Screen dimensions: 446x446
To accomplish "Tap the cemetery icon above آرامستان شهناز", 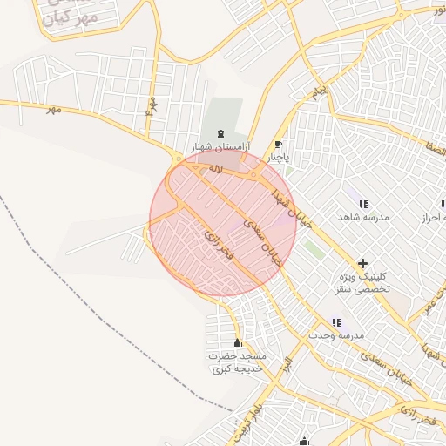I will pos(220,133).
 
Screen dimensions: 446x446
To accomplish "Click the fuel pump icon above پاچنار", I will pos(278,145).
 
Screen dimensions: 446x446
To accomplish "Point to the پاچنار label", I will pos(276,159).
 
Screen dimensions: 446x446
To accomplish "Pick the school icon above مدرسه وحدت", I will pos(336,322).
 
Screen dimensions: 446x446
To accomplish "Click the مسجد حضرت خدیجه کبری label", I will pos(236,363).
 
